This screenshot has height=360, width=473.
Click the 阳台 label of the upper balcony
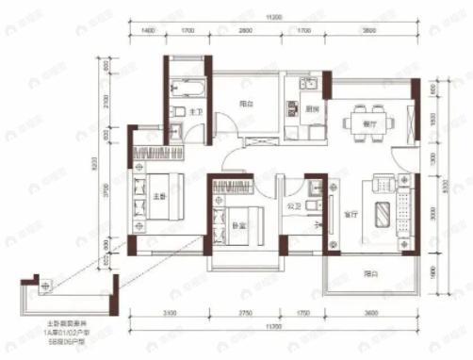(245, 106)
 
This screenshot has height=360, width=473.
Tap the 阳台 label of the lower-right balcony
(370, 273)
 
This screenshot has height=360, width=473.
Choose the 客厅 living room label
(351, 214)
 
